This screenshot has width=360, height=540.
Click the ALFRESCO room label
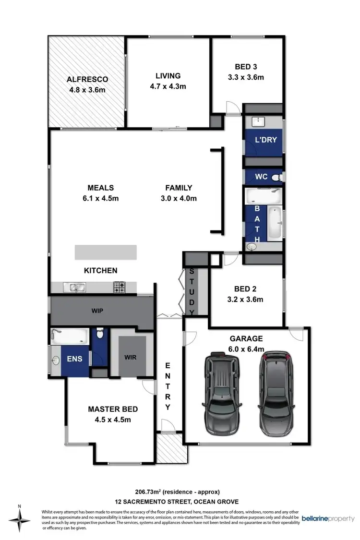tap(87, 79)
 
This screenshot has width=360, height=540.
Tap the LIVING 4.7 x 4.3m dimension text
tap(168, 86)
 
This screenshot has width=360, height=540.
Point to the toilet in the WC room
tap(276, 177)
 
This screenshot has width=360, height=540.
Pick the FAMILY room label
tap(179, 188)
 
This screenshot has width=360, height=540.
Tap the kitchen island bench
tap(105, 252)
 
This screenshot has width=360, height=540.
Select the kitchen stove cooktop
tap(119, 287)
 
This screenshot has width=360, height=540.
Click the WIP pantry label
tap(98, 311)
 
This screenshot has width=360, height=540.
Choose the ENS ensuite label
tap(74, 358)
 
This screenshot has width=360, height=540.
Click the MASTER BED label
tap(113, 409)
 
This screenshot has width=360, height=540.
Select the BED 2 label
tap(245, 289)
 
